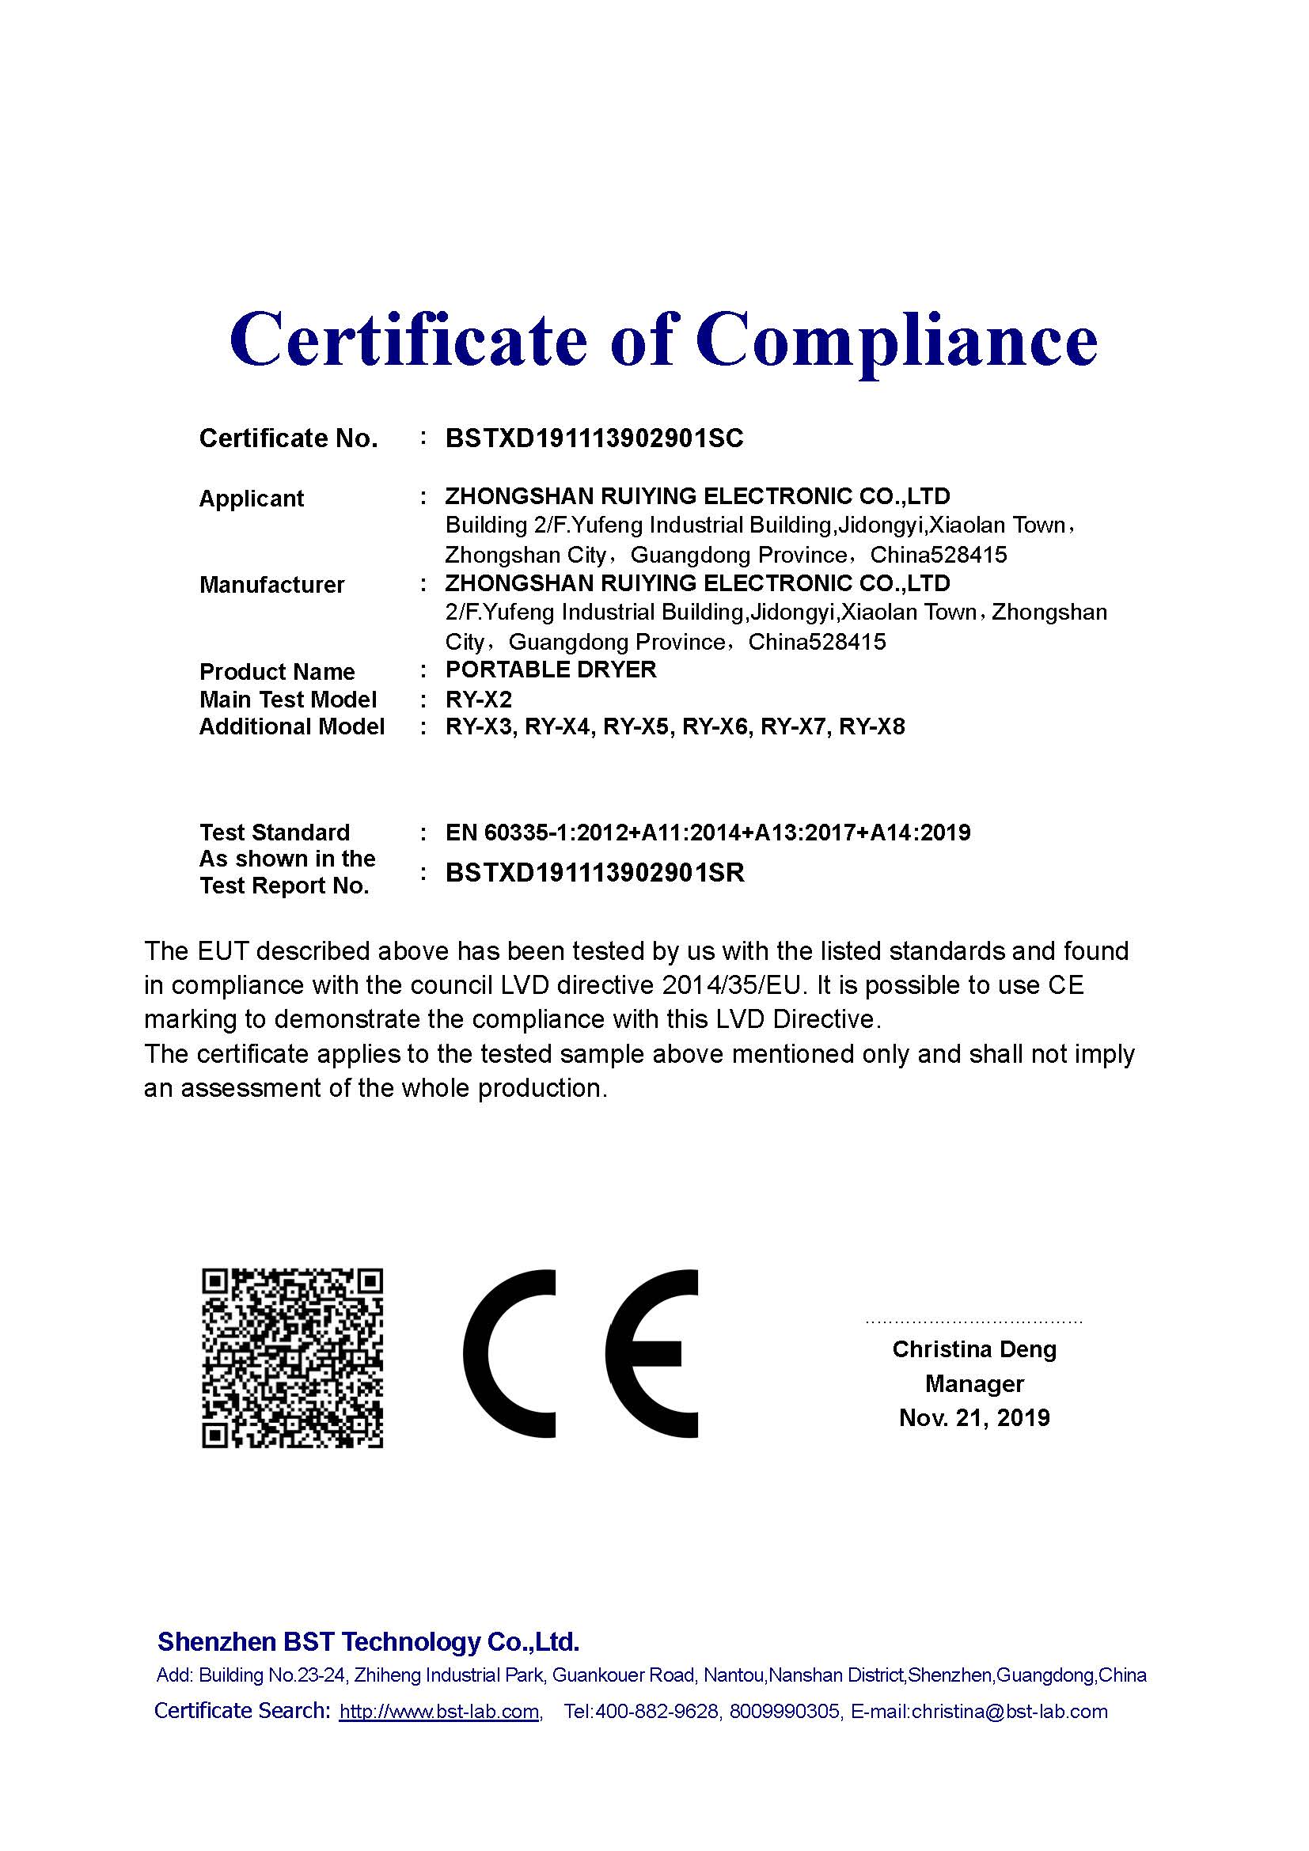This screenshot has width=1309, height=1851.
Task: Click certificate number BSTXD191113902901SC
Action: click(x=594, y=438)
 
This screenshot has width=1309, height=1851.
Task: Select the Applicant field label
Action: click(x=252, y=499)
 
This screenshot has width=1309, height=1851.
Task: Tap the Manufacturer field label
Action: click(x=271, y=585)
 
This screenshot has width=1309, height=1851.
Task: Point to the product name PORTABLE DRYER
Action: click(x=552, y=670)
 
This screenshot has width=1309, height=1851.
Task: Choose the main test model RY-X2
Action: click(x=479, y=699)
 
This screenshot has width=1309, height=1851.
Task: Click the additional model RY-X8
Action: click(x=872, y=727)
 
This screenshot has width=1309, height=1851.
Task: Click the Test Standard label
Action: click(x=275, y=832)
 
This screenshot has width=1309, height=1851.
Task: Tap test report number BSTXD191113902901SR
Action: click(x=595, y=872)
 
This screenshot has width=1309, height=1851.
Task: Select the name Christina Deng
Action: click(x=973, y=1349)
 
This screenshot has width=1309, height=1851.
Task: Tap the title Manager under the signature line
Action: click(x=973, y=1384)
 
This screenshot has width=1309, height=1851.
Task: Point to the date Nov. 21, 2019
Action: click(x=973, y=1418)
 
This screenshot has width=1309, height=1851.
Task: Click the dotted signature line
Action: click(x=973, y=1322)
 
